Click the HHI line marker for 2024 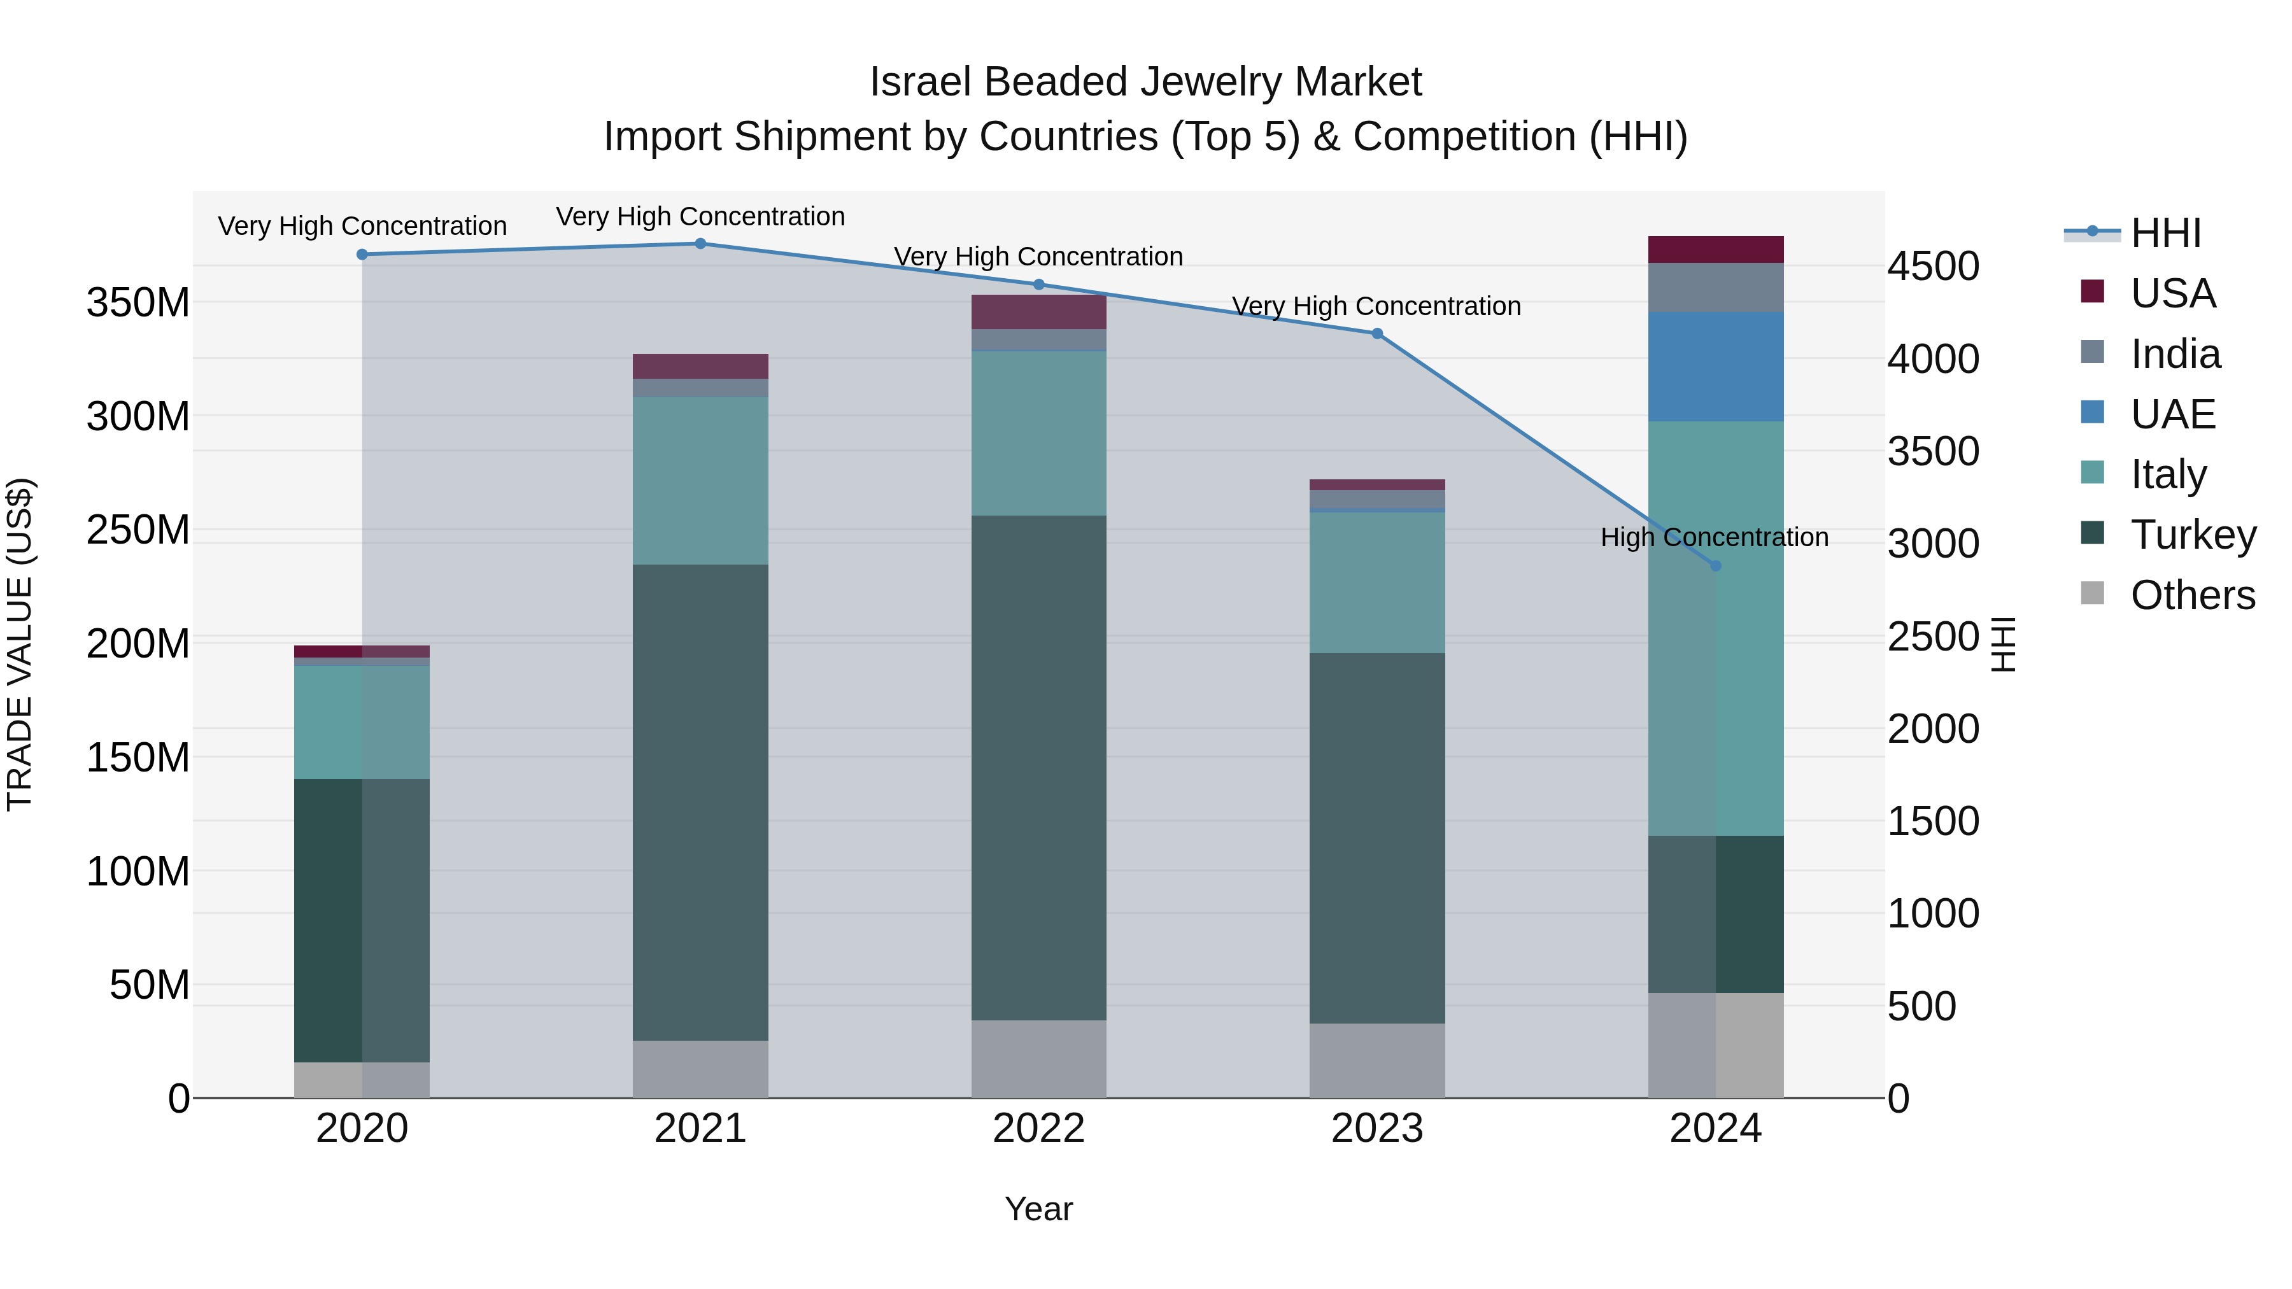[x=1715, y=566]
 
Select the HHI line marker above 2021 [x=700, y=244]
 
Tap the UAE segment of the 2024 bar [x=1715, y=367]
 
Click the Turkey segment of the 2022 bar [x=1038, y=767]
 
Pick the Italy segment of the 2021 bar [x=700, y=481]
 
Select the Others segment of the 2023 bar [x=1376, y=1060]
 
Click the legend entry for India [x=2175, y=354]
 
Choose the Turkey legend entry [x=2192, y=535]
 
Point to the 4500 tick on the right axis [x=1932, y=266]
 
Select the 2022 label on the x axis [x=1038, y=1129]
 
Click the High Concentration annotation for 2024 [x=1714, y=537]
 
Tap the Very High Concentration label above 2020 [x=362, y=226]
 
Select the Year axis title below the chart [x=1038, y=1209]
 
